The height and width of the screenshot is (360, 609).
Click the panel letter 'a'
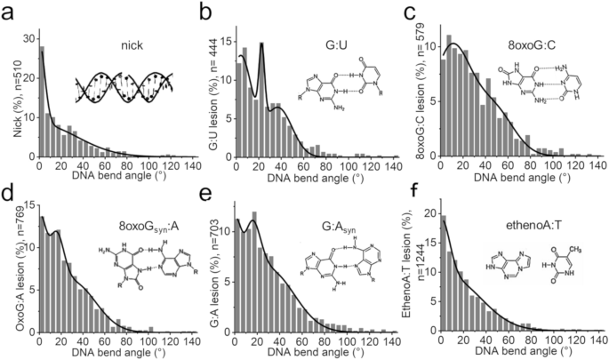coord(7,12)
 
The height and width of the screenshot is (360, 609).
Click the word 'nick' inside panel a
coord(133,41)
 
